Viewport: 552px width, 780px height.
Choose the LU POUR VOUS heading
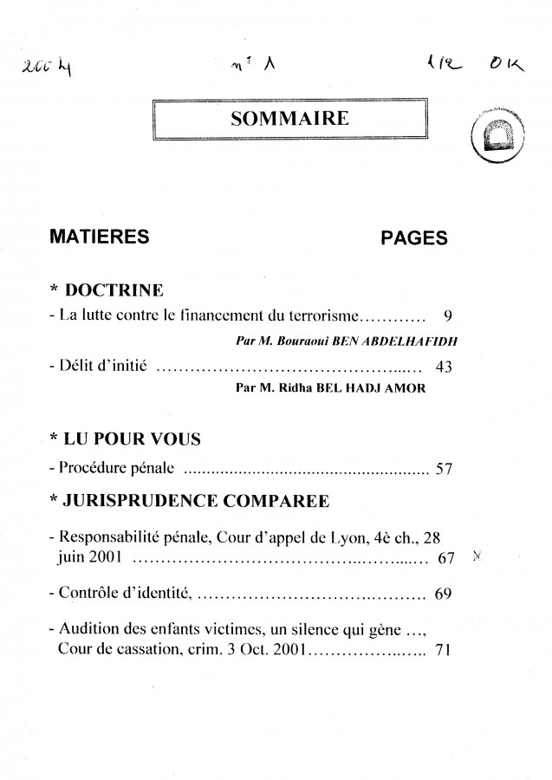click(x=133, y=440)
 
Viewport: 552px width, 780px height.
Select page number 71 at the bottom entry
click(x=442, y=651)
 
